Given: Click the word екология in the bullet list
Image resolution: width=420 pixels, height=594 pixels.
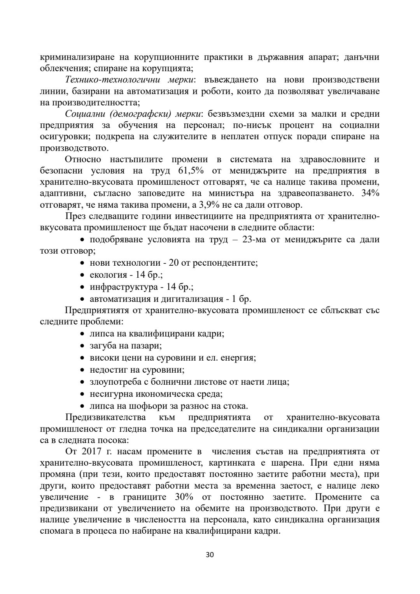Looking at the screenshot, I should (x=108, y=275).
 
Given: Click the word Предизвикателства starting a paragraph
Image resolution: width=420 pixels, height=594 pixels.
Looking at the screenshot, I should (x=105, y=417).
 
